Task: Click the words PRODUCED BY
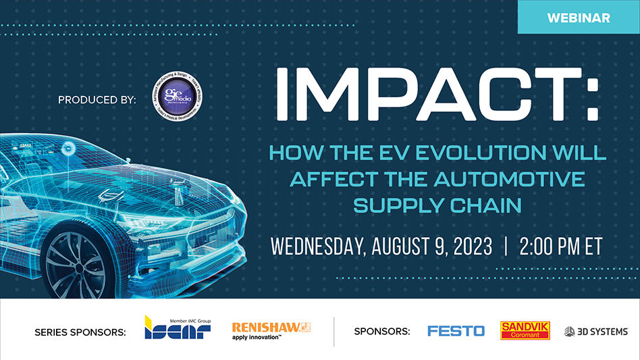(97, 100)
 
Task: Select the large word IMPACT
(432, 97)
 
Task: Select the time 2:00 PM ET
(560, 246)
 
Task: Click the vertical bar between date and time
(503, 246)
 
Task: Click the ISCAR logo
(178, 328)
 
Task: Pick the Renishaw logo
(270, 330)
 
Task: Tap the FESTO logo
(456, 331)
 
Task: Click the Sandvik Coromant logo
(525, 330)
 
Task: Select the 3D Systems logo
(596, 331)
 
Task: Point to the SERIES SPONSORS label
(80, 332)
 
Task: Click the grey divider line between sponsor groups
(334, 330)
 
